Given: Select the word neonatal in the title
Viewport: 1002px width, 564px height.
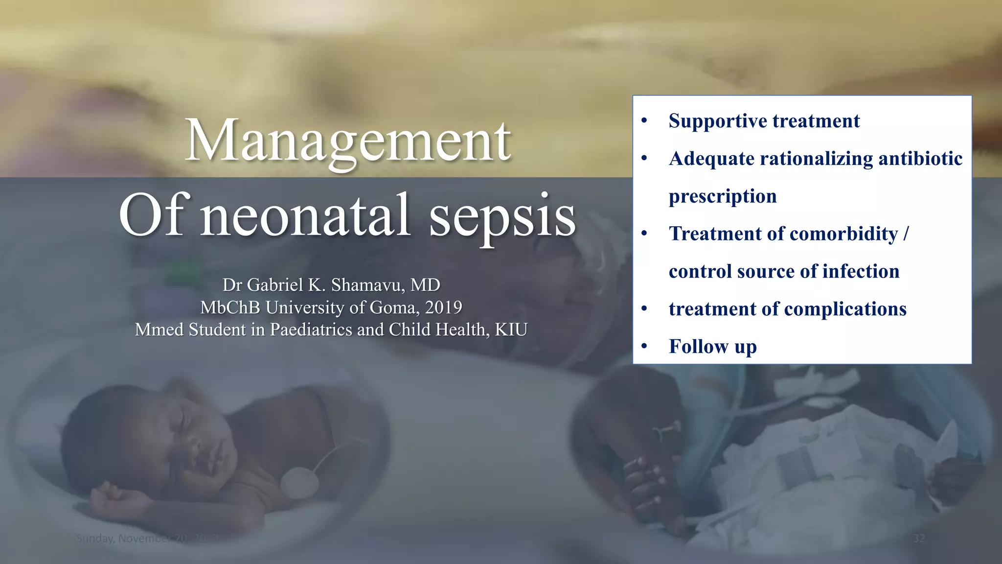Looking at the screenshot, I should coord(305,215).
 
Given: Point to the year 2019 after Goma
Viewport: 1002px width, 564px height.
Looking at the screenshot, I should coord(443,307).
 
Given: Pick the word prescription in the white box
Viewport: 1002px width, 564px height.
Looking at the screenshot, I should coord(723,196).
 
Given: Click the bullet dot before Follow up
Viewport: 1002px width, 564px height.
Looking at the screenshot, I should coord(644,347).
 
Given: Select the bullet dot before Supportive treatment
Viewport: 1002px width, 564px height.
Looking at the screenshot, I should coord(644,121).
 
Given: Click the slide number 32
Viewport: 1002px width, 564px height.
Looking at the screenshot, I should coord(919,539).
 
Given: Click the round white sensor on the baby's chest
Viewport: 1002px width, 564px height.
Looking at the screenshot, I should coord(299,482).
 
